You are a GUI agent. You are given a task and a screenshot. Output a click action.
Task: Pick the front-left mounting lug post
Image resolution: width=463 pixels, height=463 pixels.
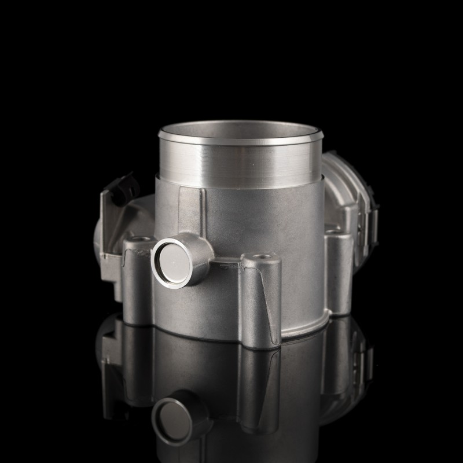[x=134, y=284]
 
